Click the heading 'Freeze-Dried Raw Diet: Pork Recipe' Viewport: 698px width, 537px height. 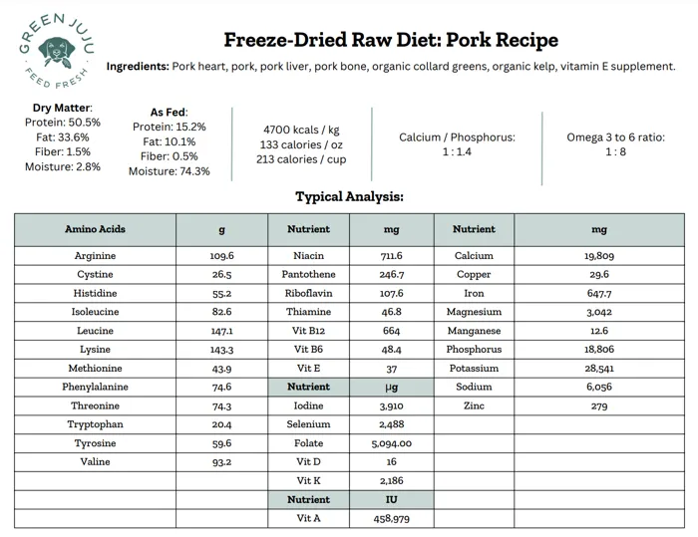click(x=391, y=40)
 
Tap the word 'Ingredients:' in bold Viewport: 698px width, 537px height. click(x=138, y=67)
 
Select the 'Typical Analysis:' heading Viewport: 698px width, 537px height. click(x=349, y=196)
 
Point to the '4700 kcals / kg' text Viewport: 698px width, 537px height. click(x=300, y=130)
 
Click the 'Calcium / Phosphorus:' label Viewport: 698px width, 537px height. click(x=457, y=136)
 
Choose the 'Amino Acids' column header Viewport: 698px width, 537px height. click(x=95, y=229)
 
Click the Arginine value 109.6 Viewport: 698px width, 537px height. click(x=221, y=256)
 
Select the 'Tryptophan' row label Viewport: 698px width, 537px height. click(x=95, y=424)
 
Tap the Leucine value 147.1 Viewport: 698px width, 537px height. click(x=221, y=331)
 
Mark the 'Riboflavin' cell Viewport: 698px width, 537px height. click(x=308, y=293)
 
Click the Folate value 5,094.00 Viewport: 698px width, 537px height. click(x=391, y=443)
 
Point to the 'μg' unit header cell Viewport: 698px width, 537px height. click(x=391, y=387)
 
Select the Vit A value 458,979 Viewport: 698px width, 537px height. click(x=391, y=518)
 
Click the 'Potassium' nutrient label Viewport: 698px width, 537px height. click(x=474, y=369)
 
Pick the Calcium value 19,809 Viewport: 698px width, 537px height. click(x=599, y=256)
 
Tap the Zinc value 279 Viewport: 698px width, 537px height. click(x=599, y=405)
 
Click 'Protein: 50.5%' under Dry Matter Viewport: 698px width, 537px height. click(x=63, y=123)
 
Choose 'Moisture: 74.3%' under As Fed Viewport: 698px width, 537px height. click(x=170, y=171)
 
